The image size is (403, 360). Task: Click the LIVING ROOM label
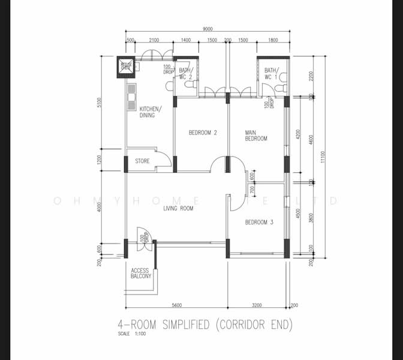coord(178,209)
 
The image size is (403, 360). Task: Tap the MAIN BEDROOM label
coord(255,135)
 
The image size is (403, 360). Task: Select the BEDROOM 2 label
coord(202,133)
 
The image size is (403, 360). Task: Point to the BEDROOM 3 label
coord(258,222)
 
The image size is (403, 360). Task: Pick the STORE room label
coord(142,161)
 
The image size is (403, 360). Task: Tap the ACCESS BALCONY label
coord(141,274)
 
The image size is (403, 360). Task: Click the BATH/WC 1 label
coord(271,74)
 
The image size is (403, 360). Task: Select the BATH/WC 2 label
coord(186,73)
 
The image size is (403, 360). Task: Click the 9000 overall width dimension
coord(208,29)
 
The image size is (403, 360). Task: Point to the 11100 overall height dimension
coord(323,157)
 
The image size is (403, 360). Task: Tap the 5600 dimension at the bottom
coord(176,304)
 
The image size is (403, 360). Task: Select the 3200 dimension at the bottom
coord(258,304)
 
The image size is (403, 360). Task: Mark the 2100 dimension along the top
coord(154,40)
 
